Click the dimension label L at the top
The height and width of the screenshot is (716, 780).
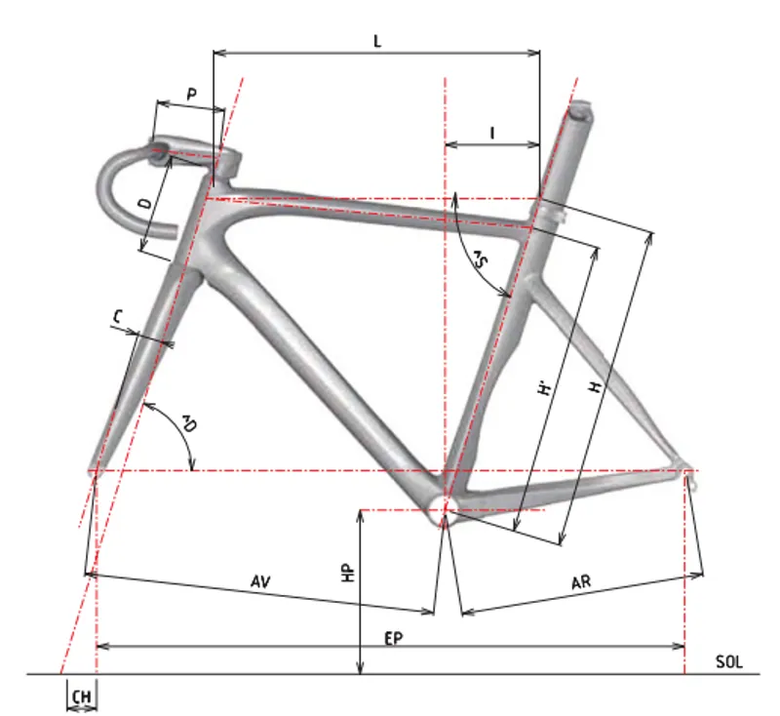[377, 41]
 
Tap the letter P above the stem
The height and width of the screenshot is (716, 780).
[191, 94]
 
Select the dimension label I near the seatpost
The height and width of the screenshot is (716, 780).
[492, 133]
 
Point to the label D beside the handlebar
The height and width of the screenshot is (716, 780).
[145, 203]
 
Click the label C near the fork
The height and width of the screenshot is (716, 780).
[118, 316]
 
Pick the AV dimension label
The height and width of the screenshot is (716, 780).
[260, 581]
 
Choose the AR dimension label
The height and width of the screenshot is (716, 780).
[581, 581]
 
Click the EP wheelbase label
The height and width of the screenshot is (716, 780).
[394, 638]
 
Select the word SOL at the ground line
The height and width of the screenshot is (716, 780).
[728, 661]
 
